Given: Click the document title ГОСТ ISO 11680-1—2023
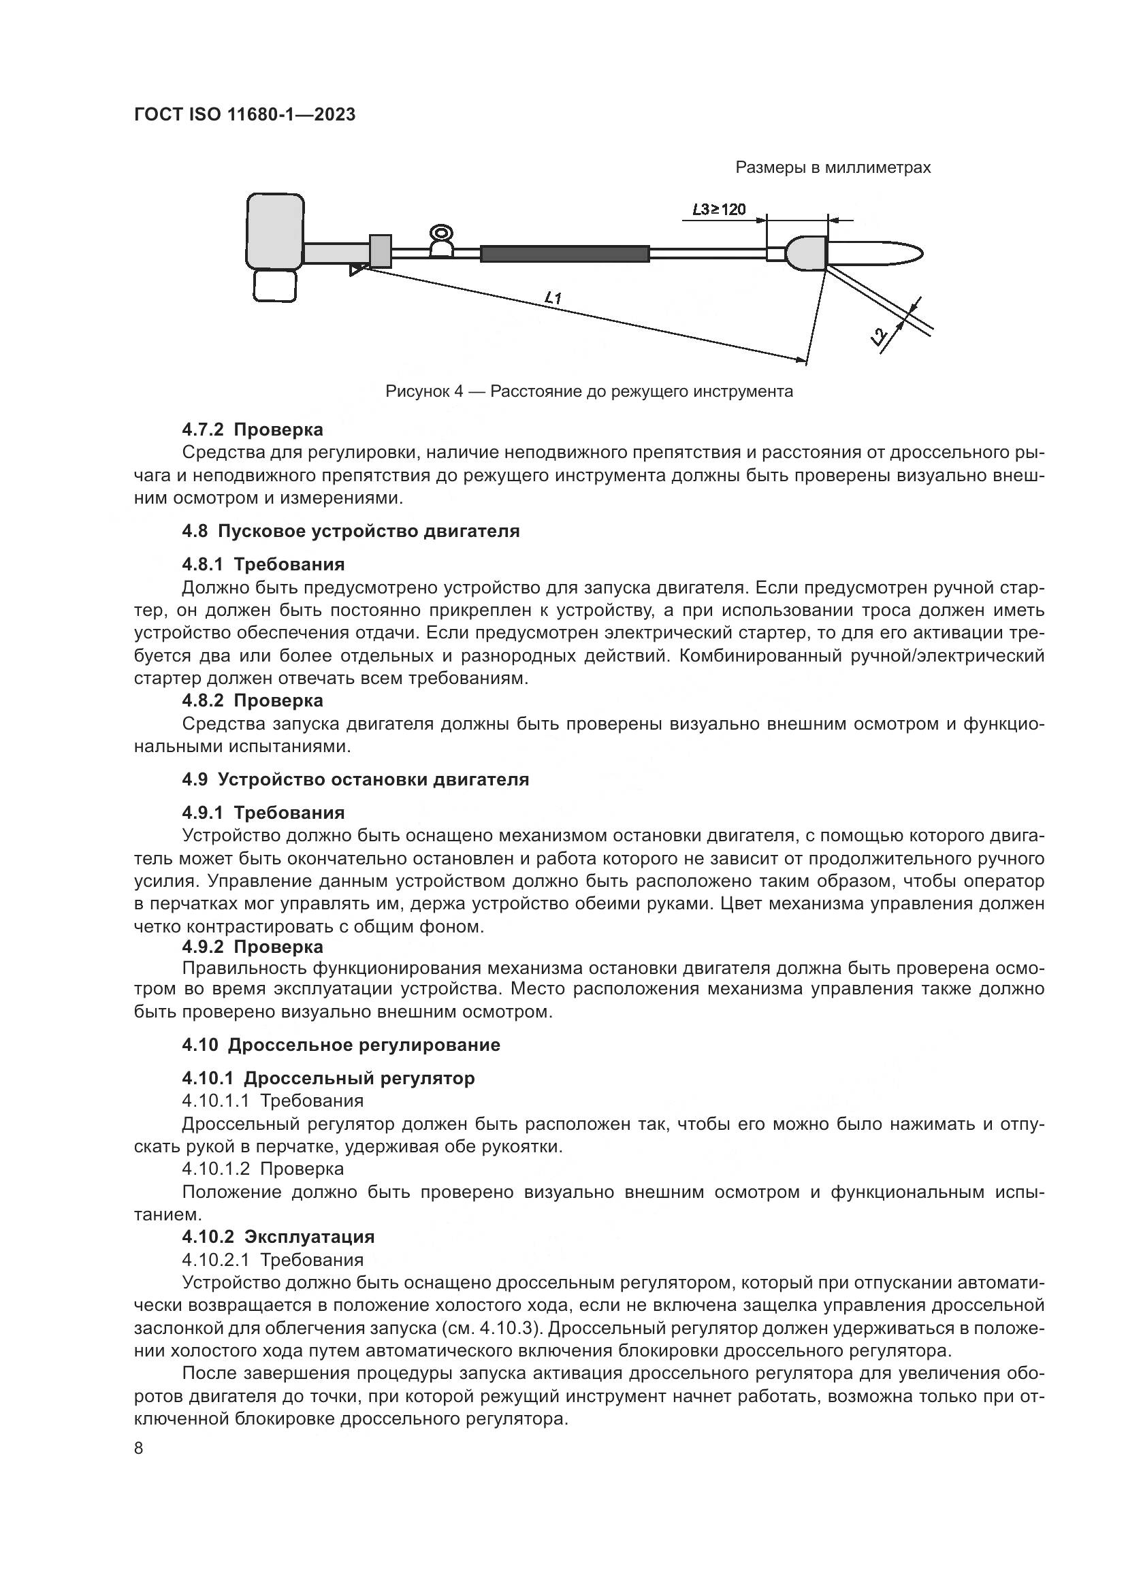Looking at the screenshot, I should pos(244,115).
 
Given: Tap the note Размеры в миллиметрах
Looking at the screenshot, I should pos(833,168).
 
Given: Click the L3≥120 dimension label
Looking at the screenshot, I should pos(719,209).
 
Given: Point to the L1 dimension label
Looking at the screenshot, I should pos(553,299).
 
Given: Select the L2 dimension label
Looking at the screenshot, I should pos(879,337).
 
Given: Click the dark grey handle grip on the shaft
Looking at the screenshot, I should pos(564,254).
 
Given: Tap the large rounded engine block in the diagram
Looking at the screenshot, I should pos(275,231).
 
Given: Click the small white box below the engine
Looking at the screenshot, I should pos(274,286).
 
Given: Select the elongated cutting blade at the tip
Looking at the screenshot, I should pos(877,253).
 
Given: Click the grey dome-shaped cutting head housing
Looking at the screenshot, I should pos(806,253).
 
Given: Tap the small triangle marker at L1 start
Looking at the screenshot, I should pos(355,269).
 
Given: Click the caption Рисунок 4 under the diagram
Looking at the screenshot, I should pos(589,392).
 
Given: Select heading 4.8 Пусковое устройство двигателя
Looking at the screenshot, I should pos(350,532).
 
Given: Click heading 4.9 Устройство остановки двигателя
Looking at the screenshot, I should pos(355,779).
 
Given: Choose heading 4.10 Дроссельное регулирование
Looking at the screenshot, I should pos(340,1045).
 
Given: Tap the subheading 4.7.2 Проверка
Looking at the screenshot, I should pos(253,430).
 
